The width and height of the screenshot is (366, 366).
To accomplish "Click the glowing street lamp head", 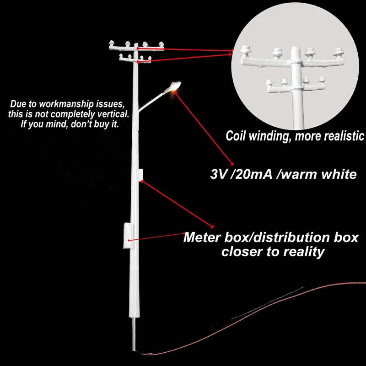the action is tap(176, 86).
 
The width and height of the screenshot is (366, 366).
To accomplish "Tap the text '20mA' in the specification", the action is tap(253, 174).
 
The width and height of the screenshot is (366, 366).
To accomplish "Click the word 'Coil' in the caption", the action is tap(238, 136).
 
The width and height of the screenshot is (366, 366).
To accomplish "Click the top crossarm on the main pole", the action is tap(135, 46).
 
